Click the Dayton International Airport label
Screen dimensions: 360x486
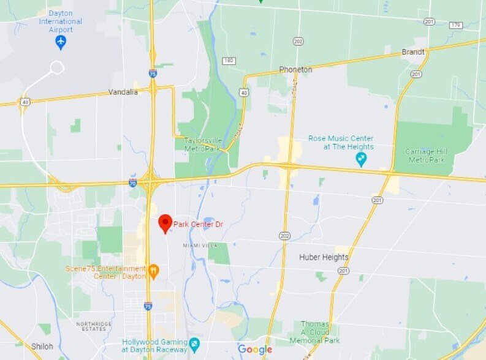[x=60, y=21]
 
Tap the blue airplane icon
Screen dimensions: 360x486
[x=61, y=42]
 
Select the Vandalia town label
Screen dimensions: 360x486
[x=123, y=92]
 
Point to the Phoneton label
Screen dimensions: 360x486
[x=295, y=70]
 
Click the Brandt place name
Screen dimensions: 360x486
[x=412, y=52]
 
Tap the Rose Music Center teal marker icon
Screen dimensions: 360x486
[x=362, y=159]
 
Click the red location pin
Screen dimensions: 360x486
[x=165, y=223]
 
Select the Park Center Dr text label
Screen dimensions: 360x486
[x=198, y=225]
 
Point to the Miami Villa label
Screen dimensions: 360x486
[x=200, y=245]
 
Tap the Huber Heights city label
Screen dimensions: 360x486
[x=323, y=258]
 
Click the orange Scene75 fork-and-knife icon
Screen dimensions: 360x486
[x=153, y=270]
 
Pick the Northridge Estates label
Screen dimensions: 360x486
[x=94, y=326]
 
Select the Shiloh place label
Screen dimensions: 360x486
[x=42, y=347]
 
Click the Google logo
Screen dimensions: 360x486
[x=255, y=350]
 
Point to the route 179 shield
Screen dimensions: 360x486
[x=455, y=25]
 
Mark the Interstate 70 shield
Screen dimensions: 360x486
[x=132, y=182]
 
